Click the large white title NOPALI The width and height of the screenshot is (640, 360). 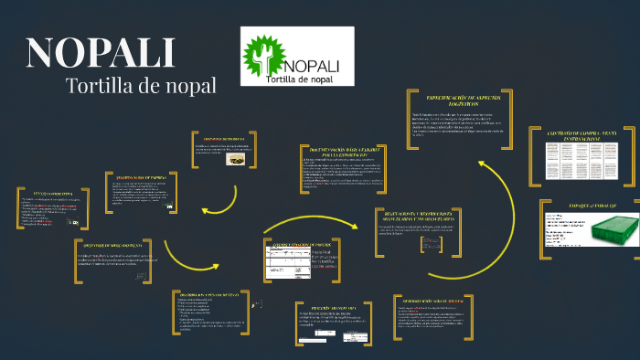101,52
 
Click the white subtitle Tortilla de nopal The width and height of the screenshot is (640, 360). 141,86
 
